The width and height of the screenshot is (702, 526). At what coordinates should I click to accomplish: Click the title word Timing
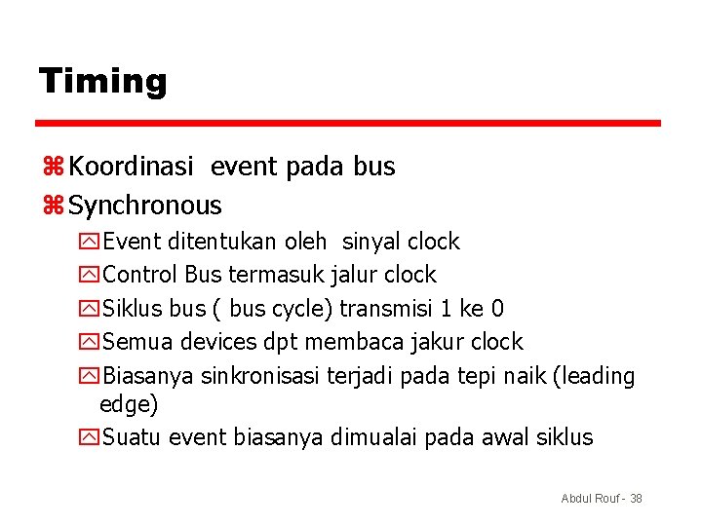point(102,81)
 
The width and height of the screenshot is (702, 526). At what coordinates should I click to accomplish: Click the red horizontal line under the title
point(348,124)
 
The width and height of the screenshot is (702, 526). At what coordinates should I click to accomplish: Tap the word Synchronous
point(145,206)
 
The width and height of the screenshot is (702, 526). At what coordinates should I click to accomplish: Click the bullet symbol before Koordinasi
point(53,168)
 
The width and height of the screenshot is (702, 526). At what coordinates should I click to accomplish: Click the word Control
point(140,275)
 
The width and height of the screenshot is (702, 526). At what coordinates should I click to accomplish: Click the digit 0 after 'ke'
point(497,309)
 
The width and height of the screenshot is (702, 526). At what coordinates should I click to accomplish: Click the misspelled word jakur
point(438,342)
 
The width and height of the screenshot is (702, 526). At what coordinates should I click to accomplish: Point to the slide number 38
point(636,499)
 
